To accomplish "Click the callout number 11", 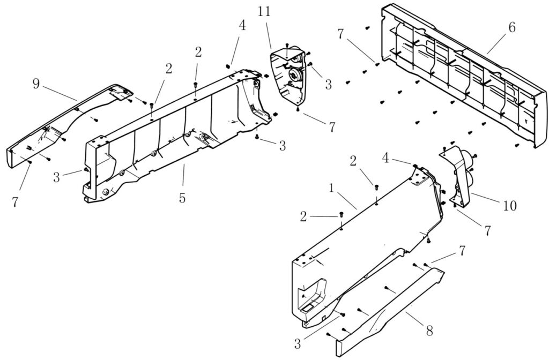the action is [x=264, y=12].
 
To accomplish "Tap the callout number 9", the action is [x=36, y=84].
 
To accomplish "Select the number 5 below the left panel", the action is [x=182, y=198].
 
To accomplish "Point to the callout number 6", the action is [x=512, y=27].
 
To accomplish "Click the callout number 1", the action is [x=331, y=189].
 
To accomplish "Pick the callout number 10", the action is [x=510, y=206].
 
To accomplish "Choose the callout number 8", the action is [x=429, y=330].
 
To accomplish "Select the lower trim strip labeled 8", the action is [x=389, y=311].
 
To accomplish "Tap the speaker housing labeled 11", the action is [x=288, y=74].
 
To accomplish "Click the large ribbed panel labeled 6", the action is [x=464, y=75].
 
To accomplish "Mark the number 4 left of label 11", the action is [x=242, y=25].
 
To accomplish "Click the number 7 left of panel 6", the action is [x=341, y=34].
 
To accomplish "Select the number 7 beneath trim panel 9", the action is [x=14, y=202].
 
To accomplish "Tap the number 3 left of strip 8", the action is [x=297, y=343].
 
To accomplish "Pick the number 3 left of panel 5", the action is [x=56, y=177].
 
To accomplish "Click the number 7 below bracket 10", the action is [x=487, y=231].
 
